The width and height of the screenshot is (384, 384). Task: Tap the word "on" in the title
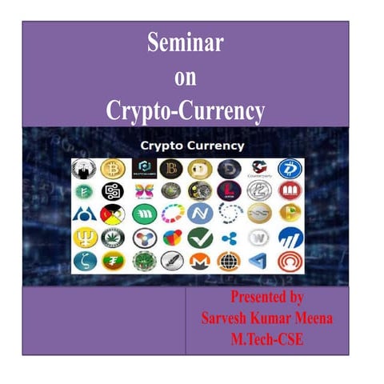tap(186, 78)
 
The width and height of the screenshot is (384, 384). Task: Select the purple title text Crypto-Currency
tap(186, 111)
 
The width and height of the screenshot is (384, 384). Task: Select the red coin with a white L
tap(229, 192)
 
